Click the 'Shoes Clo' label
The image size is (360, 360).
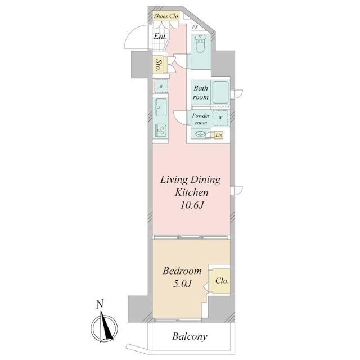tap(166, 16)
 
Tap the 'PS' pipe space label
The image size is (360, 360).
tap(195, 27)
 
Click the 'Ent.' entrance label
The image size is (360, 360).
tap(160, 36)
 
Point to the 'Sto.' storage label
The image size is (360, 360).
tap(159, 65)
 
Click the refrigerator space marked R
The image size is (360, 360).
tap(161, 86)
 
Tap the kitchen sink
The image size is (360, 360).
tap(161, 107)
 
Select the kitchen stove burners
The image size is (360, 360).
tap(161, 130)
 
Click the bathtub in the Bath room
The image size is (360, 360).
tap(220, 92)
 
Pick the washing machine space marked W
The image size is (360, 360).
tap(220, 118)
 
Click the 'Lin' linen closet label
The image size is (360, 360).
tap(219, 135)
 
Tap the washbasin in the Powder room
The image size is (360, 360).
tap(200, 134)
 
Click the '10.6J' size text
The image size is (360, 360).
tap(192, 205)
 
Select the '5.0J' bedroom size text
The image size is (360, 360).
tap(182, 284)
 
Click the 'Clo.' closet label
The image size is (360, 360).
tap(222, 281)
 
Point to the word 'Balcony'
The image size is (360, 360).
tap(190, 336)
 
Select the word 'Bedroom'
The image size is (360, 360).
tap(182, 271)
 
